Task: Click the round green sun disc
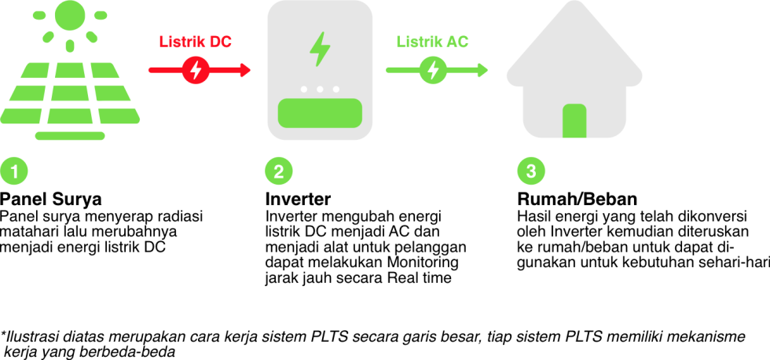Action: [70, 15]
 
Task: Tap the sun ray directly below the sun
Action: [70, 46]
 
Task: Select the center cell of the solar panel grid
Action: [70, 93]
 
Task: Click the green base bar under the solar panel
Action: [70, 136]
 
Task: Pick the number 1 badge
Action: [14, 171]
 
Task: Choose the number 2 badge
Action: [279, 171]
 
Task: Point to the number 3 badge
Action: [531, 171]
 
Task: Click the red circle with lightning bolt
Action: [196, 70]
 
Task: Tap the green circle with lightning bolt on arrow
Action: [433, 70]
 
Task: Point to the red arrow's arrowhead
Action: [245, 70]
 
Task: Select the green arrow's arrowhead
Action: [482, 70]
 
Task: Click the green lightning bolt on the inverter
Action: [320, 49]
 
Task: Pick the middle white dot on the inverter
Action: [320, 89]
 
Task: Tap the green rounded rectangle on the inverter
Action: [320, 113]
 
